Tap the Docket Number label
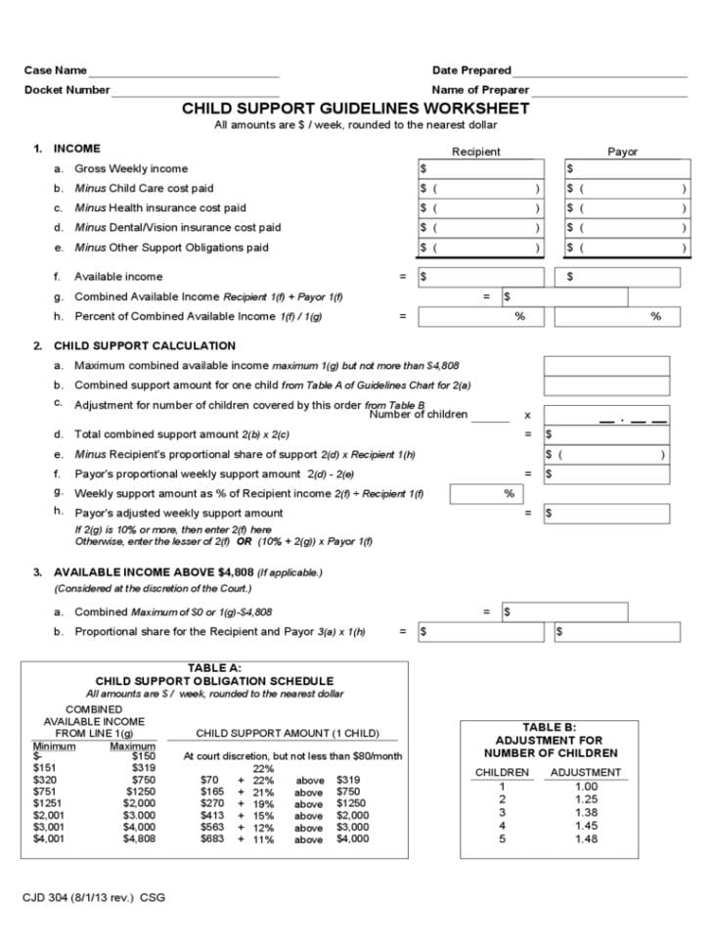[67, 90]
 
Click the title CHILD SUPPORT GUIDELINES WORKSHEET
[355, 109]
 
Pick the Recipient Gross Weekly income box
[479, 169]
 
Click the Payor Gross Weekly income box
[626, 169]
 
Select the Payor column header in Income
[622, 152]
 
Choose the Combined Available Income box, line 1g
[563, 296]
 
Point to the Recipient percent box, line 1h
[479, 317]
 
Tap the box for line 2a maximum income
[606, 366]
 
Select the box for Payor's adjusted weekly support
[606, 513]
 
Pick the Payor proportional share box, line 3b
[615, 632]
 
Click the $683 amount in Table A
[212, 838]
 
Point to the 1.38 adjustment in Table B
[586, 812]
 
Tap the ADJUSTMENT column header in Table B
[586, 772]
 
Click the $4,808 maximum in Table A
[139, 838]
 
